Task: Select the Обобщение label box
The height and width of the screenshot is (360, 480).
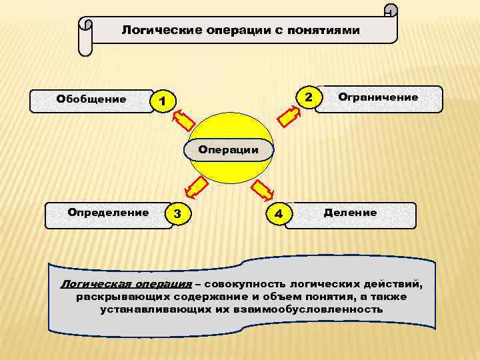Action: (91, 99)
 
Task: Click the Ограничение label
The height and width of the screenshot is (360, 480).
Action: (378, 97)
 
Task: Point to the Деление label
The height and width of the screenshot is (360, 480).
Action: (350, 213)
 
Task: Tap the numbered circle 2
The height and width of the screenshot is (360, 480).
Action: (308, 97)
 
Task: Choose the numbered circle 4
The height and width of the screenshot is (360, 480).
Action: (279, 214)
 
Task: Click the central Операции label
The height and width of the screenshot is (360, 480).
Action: (229, 150)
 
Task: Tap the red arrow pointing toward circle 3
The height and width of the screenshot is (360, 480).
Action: (194, 187)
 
